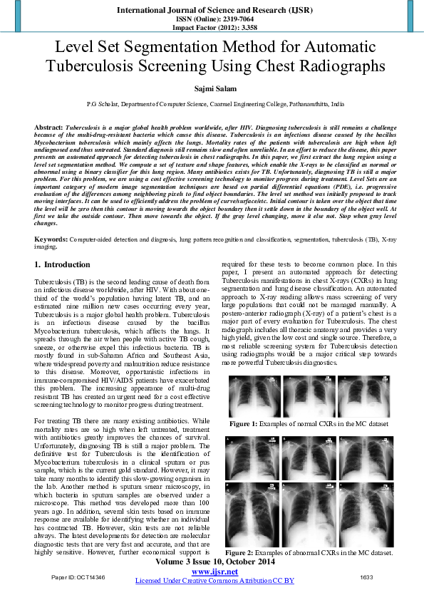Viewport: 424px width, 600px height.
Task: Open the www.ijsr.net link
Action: (214, 571)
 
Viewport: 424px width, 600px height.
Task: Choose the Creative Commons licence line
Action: (214, 581)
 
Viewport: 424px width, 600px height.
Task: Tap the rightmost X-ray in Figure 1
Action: (363, 396)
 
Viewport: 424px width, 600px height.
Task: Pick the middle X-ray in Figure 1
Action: (309, 396)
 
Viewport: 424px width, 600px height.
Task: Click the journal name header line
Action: (212, 10)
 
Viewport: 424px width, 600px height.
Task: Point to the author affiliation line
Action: (212, 104)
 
